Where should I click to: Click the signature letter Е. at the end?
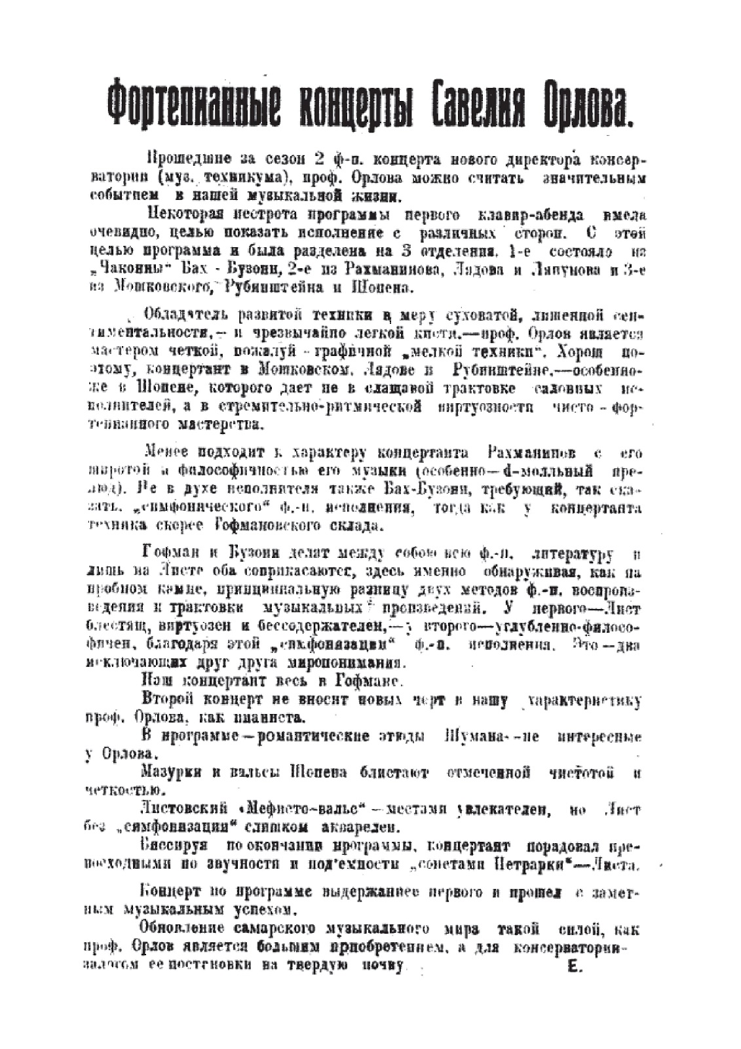575,966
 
